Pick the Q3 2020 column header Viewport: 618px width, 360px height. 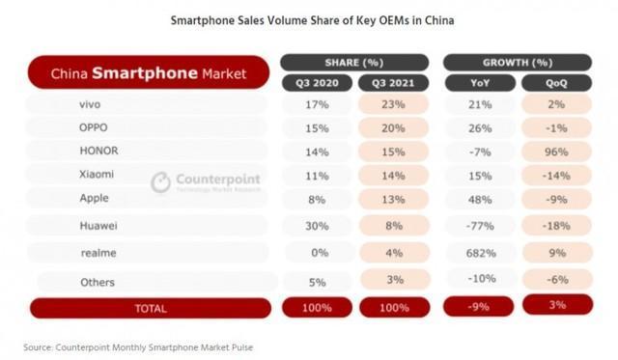point(315,83)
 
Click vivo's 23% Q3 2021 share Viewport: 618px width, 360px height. point(393,104)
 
